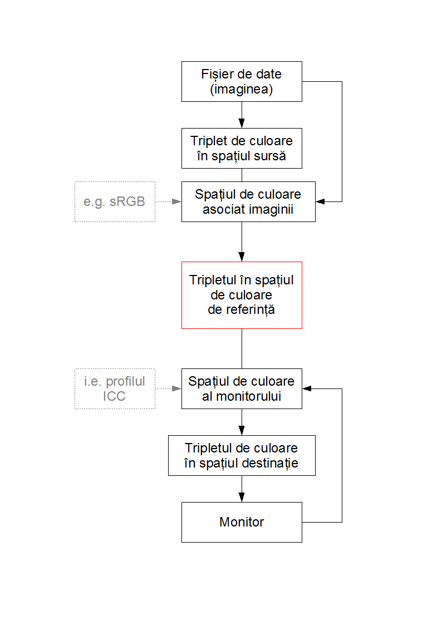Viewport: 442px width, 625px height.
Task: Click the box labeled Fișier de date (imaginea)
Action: point(242,81)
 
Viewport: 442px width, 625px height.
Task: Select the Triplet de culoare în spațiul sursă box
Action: point(242,148)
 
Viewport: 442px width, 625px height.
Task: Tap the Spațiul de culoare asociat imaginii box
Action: point(248,201)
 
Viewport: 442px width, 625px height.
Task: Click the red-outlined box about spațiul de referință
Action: point(242,295)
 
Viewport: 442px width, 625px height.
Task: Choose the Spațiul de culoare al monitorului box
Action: point(242,388)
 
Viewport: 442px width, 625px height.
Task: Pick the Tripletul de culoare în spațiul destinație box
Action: point(242,455)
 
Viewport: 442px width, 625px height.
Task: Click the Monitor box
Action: point(242,522)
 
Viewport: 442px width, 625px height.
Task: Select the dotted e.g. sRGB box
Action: point(115,201)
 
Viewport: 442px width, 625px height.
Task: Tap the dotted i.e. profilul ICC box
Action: point(115,388)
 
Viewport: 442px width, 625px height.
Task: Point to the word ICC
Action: point(114,396)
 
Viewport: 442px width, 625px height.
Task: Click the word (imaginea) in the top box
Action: point(242,89)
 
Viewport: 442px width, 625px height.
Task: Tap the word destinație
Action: point(270,463)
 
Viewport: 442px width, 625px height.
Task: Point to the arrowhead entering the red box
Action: point(242,257)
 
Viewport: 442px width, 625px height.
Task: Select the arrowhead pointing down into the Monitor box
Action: point(242,498)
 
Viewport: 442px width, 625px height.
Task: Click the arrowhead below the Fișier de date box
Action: point(242,124)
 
